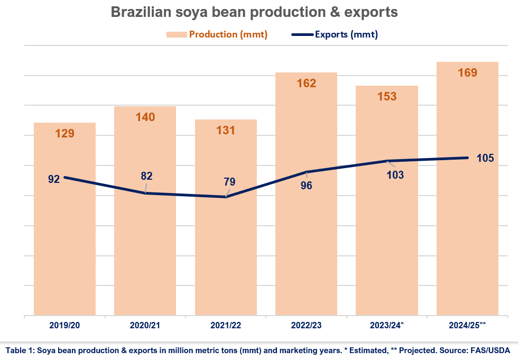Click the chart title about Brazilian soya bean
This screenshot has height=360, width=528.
pos(254,12)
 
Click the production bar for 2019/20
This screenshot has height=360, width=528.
pos(64,238)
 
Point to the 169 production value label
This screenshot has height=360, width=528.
pos(467,72)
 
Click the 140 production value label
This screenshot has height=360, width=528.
pos(145,117)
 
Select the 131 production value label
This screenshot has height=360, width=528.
pos(226,130)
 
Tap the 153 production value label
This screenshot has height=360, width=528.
pos(386,96)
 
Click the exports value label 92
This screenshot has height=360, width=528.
pos(54,179)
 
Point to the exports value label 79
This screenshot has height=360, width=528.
pos(229,182)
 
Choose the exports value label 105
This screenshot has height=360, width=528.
pos(485,158)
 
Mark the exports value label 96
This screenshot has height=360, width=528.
pos(306,186)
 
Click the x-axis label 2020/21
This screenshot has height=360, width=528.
pos(145,326)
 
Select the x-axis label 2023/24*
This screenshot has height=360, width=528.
pos(387,326)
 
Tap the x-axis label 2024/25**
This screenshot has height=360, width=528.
pos(468,326)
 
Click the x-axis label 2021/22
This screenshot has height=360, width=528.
pos(226,326)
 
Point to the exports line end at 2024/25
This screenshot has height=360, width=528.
pos(467,158)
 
